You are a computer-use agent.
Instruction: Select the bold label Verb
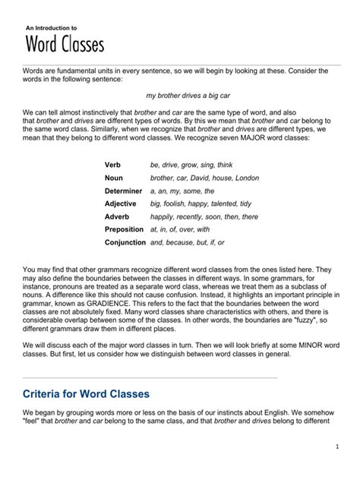click(112, 165)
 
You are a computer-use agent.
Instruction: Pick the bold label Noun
click(113, 178)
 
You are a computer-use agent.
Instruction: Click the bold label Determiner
click(123, 191)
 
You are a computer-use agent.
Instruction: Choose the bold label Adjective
click(120, 204)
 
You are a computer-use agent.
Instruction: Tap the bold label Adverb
click(117, 216)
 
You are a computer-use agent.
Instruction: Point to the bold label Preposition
click(124, 229)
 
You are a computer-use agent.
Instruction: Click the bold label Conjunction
click(125, 242)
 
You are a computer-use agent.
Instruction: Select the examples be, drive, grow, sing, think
click(191, 165)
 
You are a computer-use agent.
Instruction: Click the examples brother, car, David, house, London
click(204, 178)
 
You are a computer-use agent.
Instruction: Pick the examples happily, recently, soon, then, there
click(204, 216)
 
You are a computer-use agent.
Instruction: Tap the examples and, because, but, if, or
click(187, 242)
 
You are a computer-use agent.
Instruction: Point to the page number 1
click(335, 447)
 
